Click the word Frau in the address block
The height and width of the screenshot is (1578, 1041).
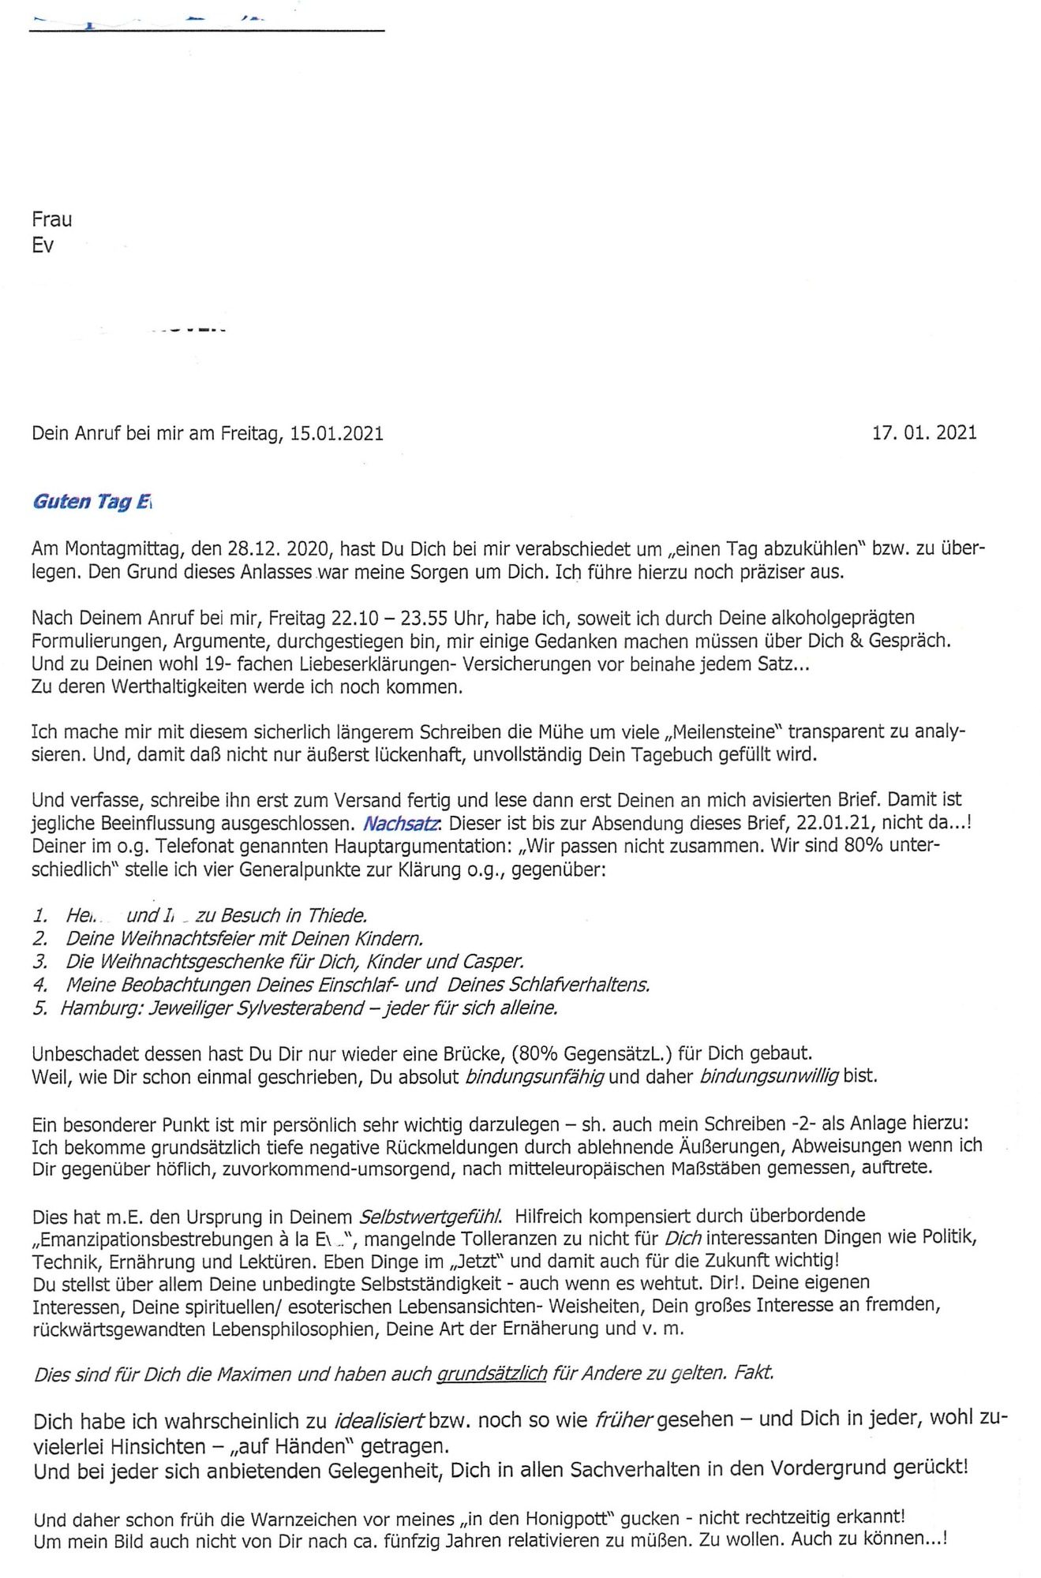51,219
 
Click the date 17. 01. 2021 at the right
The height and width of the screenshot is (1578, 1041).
923,432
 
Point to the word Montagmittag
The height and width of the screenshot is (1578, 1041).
114,548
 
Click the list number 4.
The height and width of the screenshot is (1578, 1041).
40,985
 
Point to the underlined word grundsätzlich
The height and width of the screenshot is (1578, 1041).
492,1374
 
